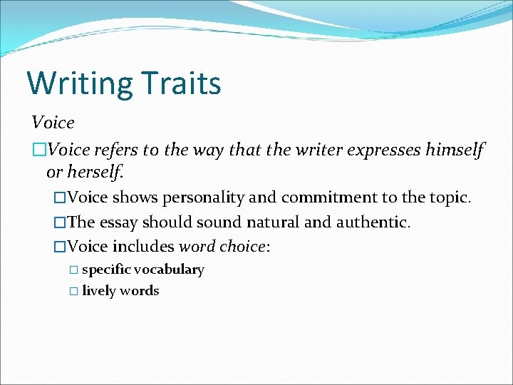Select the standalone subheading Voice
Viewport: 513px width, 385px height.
tap(53, 123)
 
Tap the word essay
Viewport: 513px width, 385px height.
tap(118, 222)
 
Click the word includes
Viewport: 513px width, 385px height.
tap(144, 247)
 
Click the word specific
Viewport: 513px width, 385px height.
tap(105, 269)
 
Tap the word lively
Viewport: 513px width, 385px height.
tap(98, 291)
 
